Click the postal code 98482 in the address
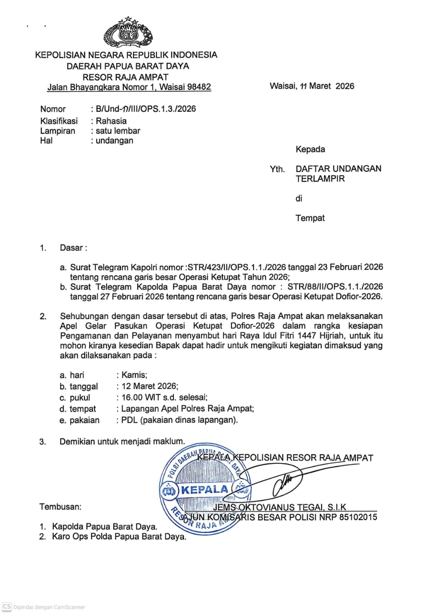click(199, 87)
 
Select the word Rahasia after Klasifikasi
click(111, 121)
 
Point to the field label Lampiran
click(58, 131)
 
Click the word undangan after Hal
click(114, 141)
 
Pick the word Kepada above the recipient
click(310, 149)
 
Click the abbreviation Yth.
click(277, 169)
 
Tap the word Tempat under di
click(310, 218)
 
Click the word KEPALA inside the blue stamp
click(205, 490)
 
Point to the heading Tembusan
click(60, 507)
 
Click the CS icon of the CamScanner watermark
click(6, 607)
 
